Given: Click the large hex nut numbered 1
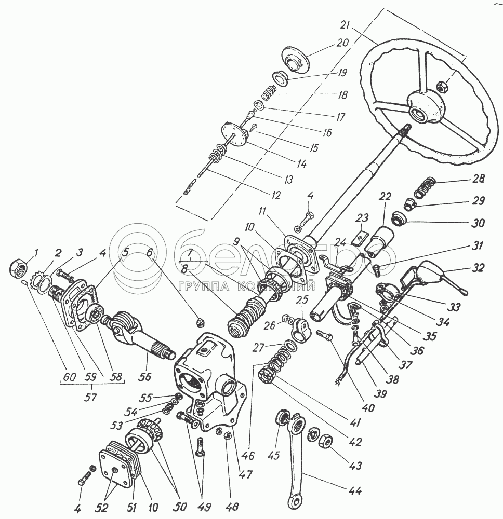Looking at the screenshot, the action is (x=18, y=266).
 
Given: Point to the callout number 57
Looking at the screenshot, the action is (x=90, y=397).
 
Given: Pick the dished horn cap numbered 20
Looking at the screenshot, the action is (x=295, y=59).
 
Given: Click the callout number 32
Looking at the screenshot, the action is (x=478, y=267).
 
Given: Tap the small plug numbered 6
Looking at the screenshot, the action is (x=201, y=322).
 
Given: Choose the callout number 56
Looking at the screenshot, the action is (x=145, y=377).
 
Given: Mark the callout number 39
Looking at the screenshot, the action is (x=379, y=394).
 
